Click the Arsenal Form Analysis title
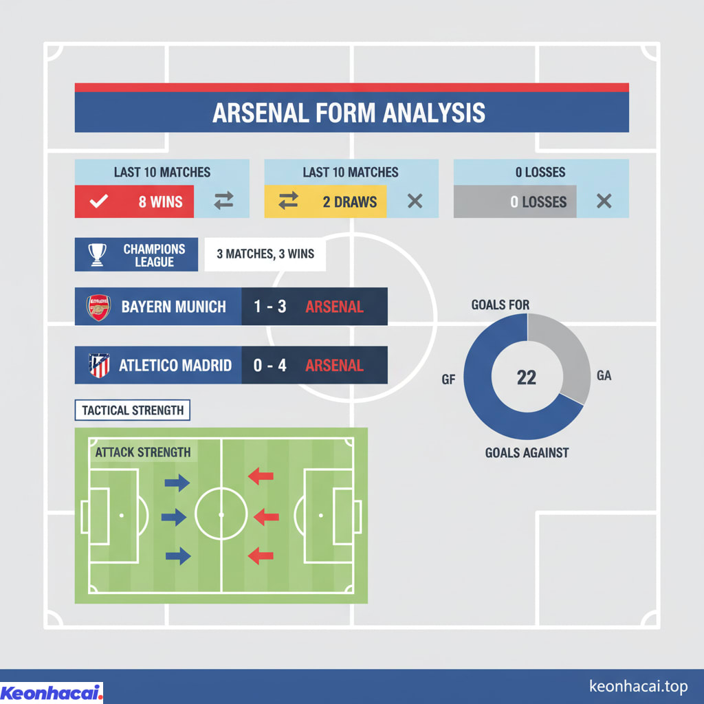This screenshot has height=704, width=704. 349,113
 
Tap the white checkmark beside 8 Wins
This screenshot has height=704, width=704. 100,202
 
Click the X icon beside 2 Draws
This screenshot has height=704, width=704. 415,201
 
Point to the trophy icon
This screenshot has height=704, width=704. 97,255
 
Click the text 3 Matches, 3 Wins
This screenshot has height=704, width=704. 265,254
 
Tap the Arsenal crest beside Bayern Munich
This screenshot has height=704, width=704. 98,307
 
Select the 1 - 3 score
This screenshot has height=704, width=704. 270,307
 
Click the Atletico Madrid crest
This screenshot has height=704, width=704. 98,365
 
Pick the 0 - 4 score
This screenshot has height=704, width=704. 270,365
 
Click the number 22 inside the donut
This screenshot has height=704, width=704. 526,377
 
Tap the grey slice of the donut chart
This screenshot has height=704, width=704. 564,354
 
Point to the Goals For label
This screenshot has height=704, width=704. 500,305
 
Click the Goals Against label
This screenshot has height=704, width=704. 527,452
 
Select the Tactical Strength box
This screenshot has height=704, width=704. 132,410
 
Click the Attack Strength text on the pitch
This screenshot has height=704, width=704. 142,452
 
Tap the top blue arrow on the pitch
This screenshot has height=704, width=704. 177,483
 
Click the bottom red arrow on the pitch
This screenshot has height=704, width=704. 261,555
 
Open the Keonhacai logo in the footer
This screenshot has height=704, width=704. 52,692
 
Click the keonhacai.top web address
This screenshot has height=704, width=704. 638,686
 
